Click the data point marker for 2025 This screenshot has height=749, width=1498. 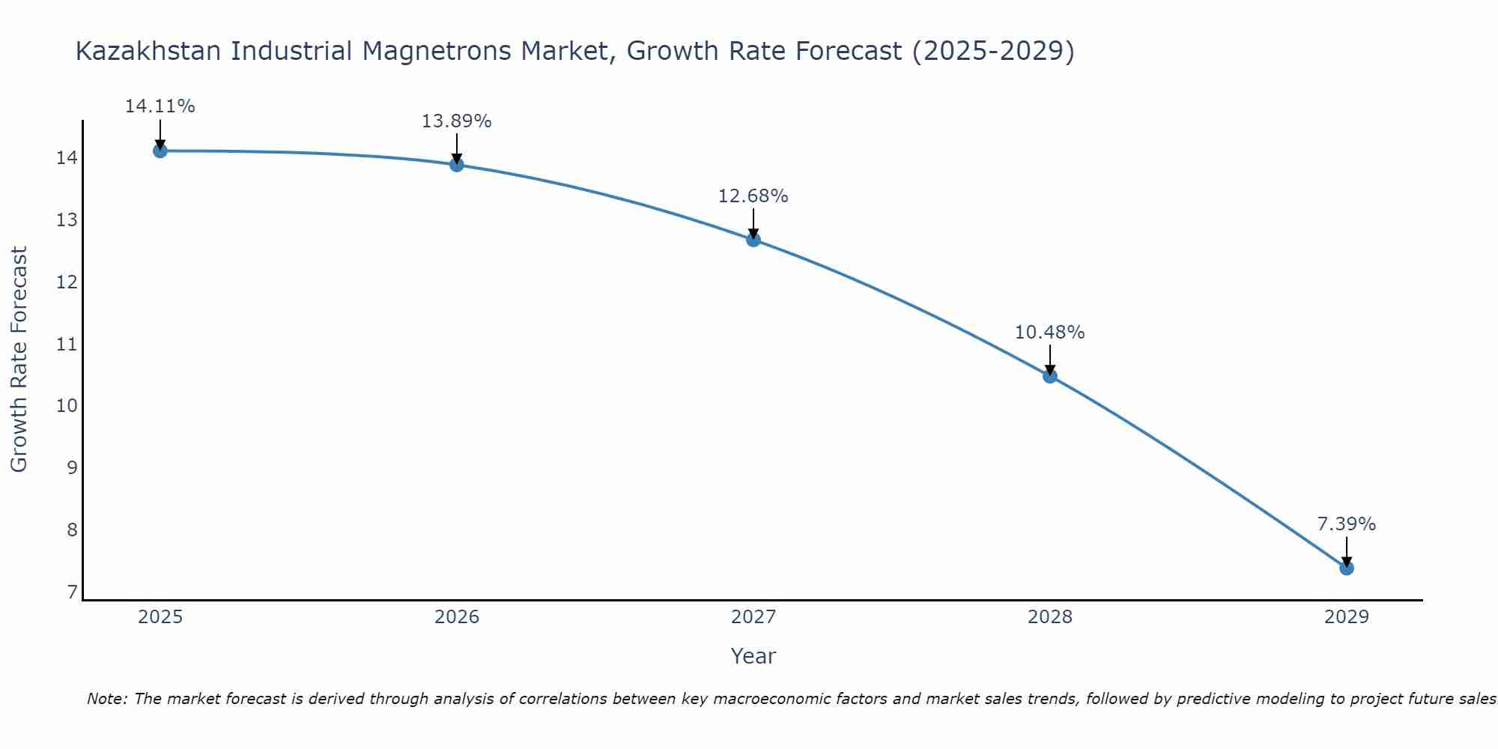tap(160, 151)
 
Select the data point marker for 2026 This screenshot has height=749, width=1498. tap(457, 164)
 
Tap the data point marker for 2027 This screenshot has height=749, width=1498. tap(753, 240)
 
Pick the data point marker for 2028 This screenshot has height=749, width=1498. tap(1050, 376)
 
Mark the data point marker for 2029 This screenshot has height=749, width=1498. tap(1347, 568)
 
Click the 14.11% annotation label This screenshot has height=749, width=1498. tap(160, 106)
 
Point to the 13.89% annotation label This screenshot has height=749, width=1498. tap(457, 121)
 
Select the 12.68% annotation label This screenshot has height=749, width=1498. tap(753, 196)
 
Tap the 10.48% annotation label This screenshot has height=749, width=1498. tap(1050, 333)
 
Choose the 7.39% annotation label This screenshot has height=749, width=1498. tap(1347, 524)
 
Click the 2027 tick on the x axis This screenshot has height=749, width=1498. tap(753, 617)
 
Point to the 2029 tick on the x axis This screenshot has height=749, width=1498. tap(1347, 617)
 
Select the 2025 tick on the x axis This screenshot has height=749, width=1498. tap(160, 617)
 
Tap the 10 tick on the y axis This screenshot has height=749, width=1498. tap(66, 406)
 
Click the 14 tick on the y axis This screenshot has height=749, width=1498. tap(66, 158)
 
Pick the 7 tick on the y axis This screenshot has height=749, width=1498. tap(72, 592)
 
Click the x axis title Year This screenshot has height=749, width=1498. tap(753, 656)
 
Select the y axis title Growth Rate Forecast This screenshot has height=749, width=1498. tap(19, 360)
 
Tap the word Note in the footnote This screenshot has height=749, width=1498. tap(107, 699)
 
